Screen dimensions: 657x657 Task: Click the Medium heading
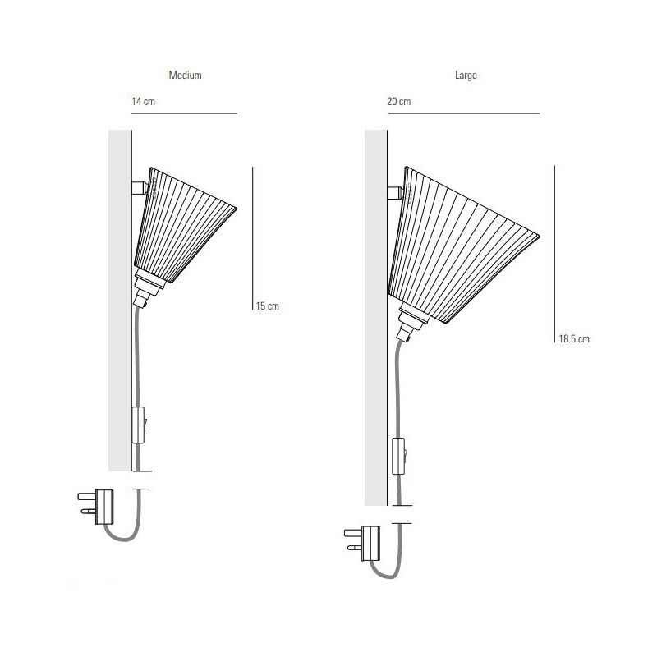(x=185, y=75)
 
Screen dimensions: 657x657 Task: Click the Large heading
(x=466, y=75)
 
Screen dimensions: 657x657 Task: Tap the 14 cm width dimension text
(x=143, y=101)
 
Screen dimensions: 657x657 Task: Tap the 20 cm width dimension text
(x=399, y=101)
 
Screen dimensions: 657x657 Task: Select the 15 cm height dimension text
(x=267, y=306)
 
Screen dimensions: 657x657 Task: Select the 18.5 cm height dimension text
(x=574, y=338)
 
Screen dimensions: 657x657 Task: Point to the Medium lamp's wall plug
(x=99, y=505)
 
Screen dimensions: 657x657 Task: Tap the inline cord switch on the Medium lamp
(x=140, y=425)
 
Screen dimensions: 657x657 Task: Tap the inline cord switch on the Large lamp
(x=400, y=457)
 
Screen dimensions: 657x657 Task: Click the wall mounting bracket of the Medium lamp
(x=139, y=188)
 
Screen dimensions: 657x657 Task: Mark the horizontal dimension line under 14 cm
(x=184, y=113)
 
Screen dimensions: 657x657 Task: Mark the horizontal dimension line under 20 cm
(x=463, y=113)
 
